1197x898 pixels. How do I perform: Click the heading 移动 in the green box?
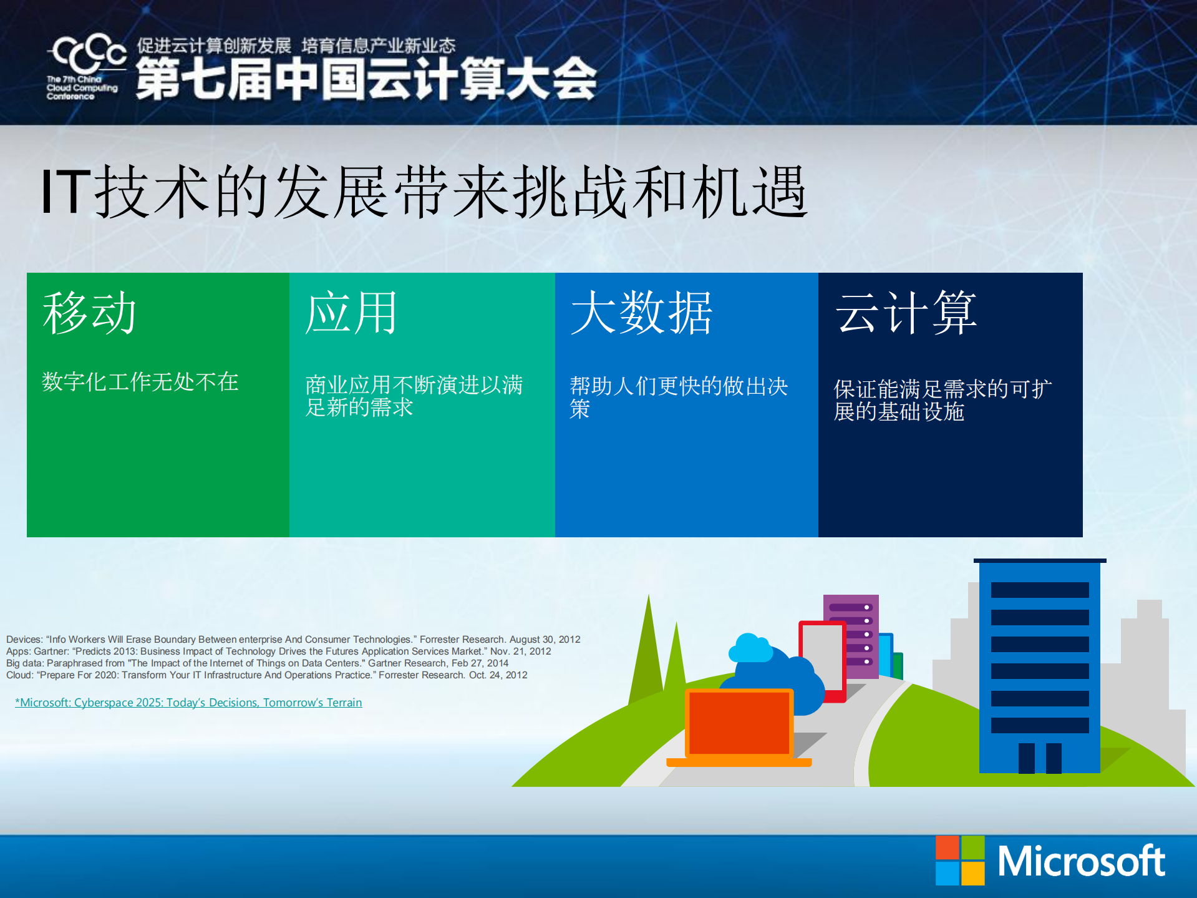point(89,313)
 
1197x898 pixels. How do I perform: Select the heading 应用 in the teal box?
point(351,313)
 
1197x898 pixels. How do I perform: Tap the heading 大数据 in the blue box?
point(641,313)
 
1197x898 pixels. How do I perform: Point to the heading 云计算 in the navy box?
point(906,313)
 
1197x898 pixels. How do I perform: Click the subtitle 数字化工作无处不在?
point(140,381)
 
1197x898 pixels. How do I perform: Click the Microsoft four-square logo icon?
point(959,861)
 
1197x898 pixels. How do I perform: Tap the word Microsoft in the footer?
point(1080,862)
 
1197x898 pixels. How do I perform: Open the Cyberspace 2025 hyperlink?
point(188,703)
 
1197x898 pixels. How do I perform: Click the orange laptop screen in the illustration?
point(739,723)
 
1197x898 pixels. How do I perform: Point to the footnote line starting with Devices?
point(293,639)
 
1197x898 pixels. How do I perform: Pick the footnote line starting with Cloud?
point(266,675)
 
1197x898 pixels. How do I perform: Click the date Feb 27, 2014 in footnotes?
point(480,663)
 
